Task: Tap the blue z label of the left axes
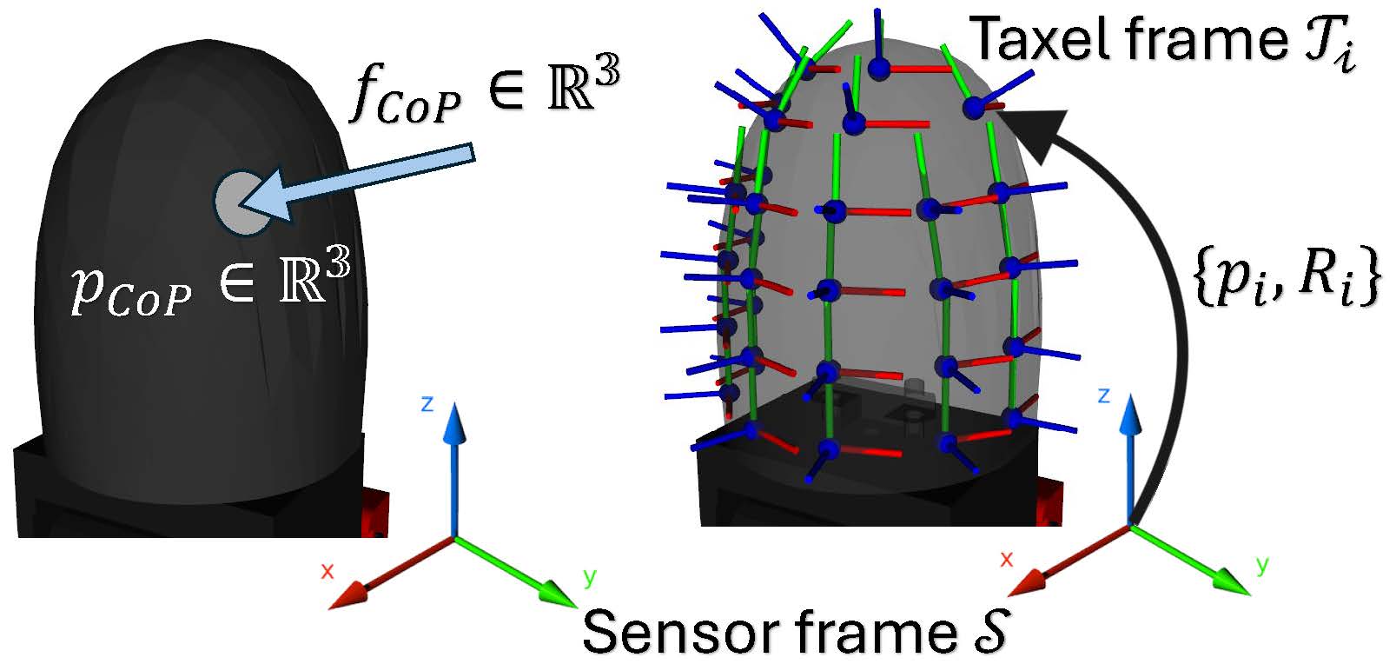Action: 427,404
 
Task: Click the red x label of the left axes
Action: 327,570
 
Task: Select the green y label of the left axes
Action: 590,577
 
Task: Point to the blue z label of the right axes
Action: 1103,395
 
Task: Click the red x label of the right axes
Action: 1006,559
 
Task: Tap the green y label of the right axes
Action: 1262,566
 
